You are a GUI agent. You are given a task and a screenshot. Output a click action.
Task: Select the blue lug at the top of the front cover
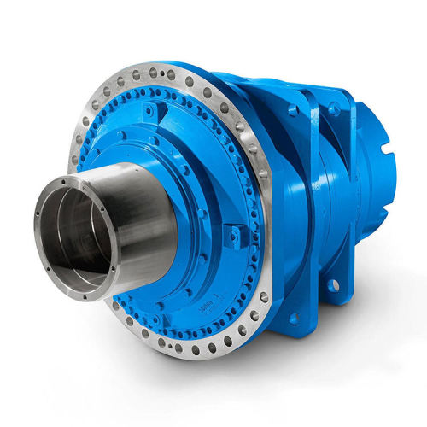tap(152, 111)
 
